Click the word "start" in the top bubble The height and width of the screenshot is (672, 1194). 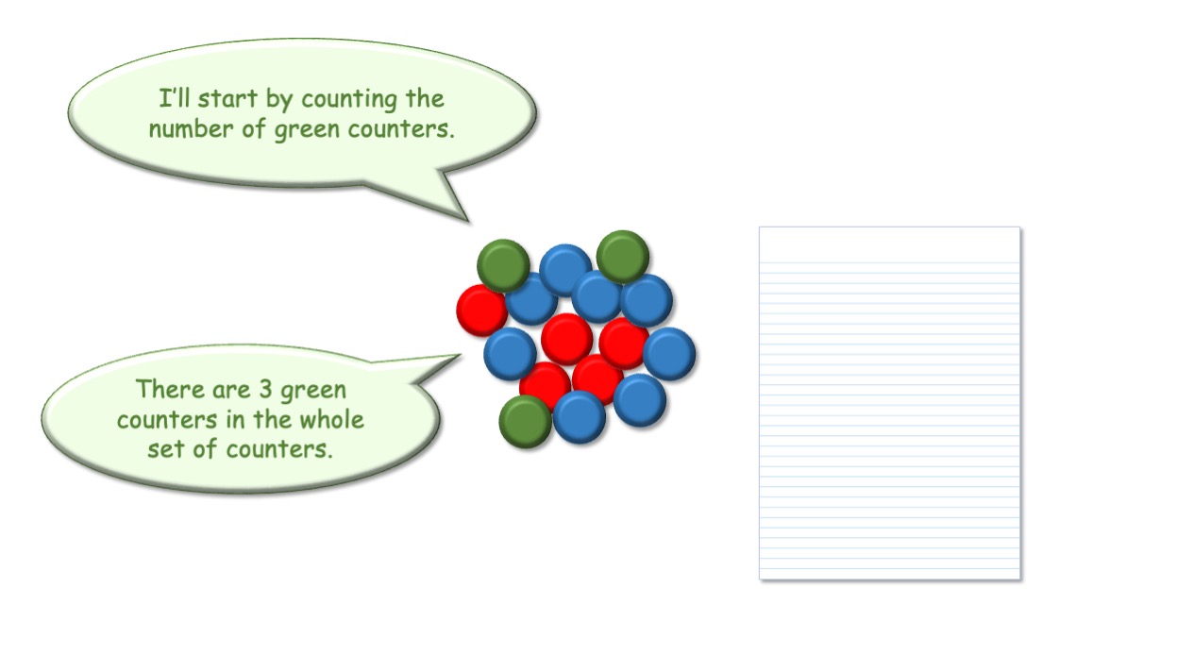[x=227, y=99]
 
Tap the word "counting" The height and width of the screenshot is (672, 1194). [x=349, y=101]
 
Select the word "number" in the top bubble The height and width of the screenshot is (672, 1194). [x=192, y=129]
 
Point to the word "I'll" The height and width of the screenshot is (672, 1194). [x=175, y=98]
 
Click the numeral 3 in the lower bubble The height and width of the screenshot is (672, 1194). [x=265, y=390]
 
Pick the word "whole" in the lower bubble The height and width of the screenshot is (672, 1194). [x=331, y=419]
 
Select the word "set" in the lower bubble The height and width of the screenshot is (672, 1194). [x=166, y=449]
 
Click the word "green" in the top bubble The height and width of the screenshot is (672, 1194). [x=307, y=130]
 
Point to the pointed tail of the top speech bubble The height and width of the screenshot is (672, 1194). [x=467, y=220]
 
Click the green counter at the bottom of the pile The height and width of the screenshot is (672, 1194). [x=525, y=422]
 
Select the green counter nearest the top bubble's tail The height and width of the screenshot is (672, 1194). [x=503, y=265]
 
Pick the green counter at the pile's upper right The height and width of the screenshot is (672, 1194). [x=623, y=257]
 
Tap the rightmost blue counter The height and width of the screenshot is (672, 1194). [x=669, y=354]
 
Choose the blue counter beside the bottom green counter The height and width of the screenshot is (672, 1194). [x=580, y=417]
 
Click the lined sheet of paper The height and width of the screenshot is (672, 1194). [x=890, y=403]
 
